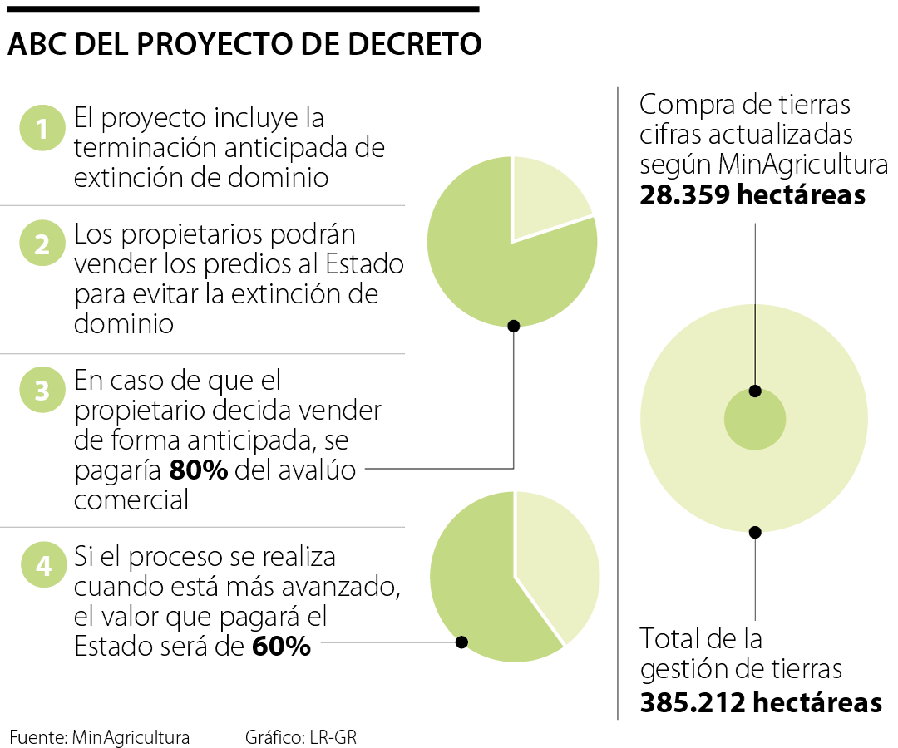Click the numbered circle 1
pyautogui.click(x=42, y=129)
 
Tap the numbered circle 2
pyautogui.click(x=42, y=244)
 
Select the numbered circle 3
pyautogui.click(x=42, y=390)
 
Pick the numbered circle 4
pyautogui.click(x=42, y=566)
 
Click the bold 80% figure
pyautogui.click(x=199, y=470)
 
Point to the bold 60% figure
pyautogui.click(x=281, y=646)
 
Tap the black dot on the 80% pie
pyautogui.click(x=513, y=326)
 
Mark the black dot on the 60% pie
pyautogui.click(x=462, y=642)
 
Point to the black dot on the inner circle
pyautogui.click(x=755, y=391)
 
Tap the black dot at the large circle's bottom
pyautogui.click(x=755, y=532)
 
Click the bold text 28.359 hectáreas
pyautogui.click(x=752, y=195)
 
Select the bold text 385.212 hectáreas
pyautogui.click(x=761, y=702)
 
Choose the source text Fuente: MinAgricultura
pyautogui.click(x=100, y=736)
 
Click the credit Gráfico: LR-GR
pyautogui.click(x=300, y=736)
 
